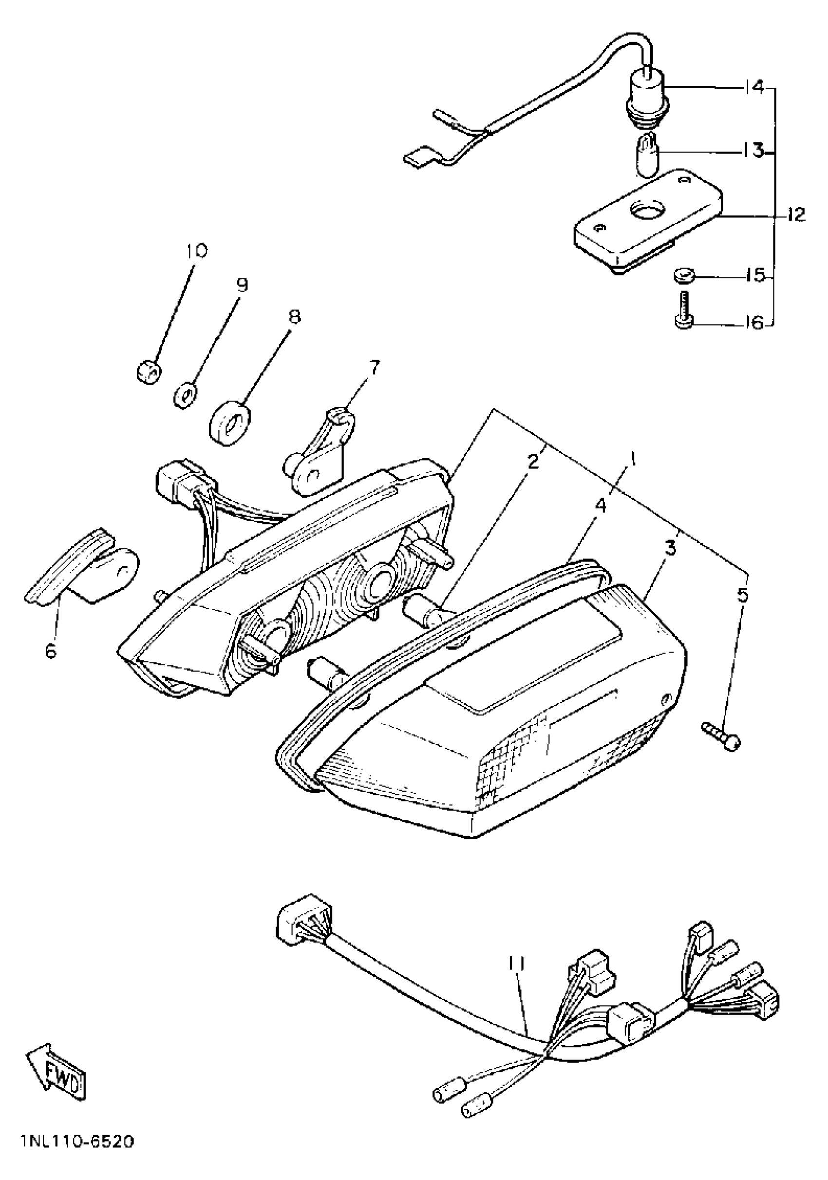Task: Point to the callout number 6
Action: [50, 651]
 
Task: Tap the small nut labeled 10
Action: [150, 371]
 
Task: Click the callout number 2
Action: [534, 461]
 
